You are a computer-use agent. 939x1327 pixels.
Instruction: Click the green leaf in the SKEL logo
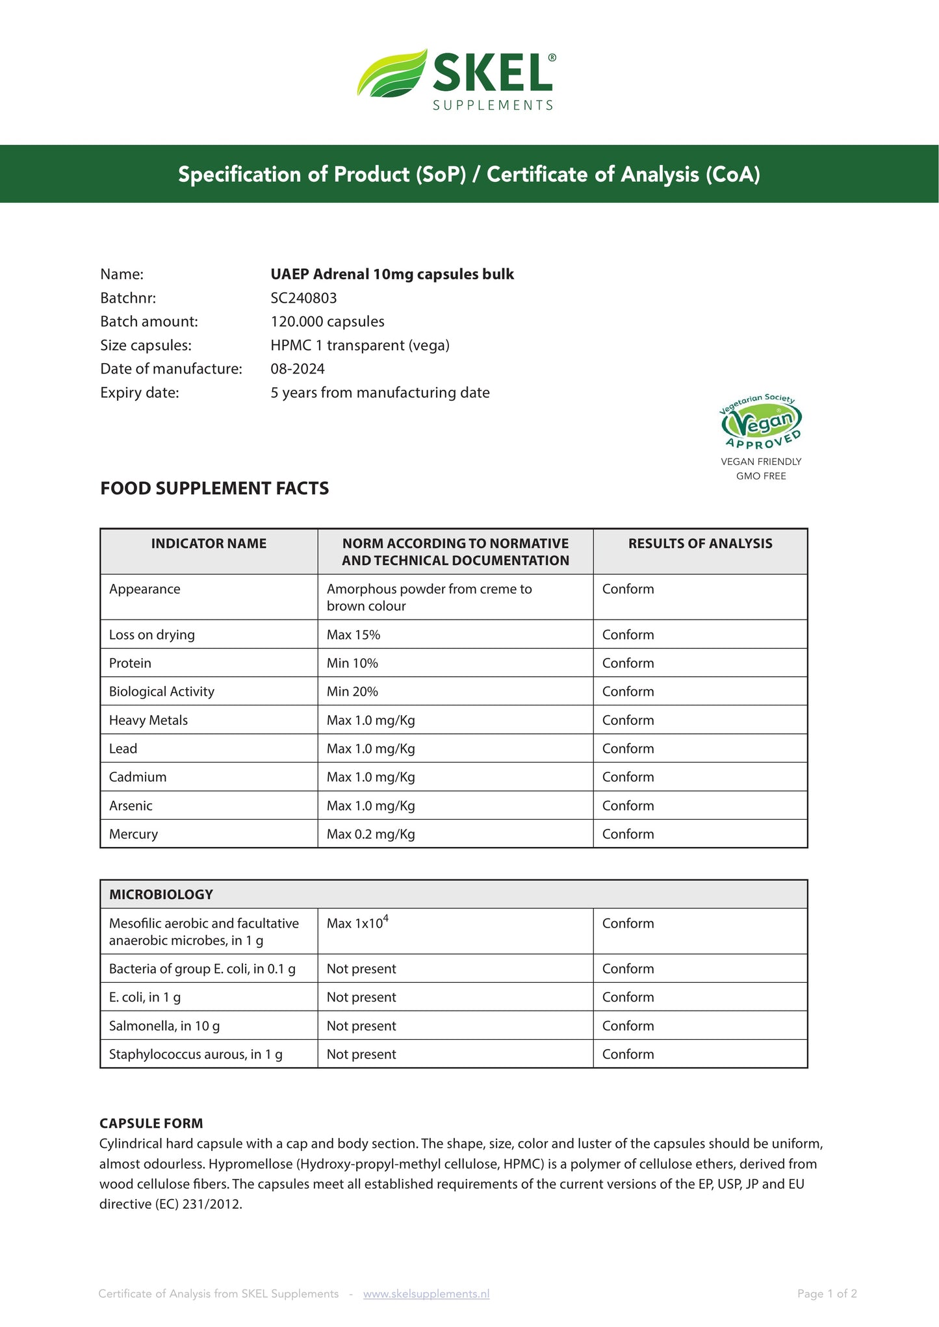click(392, 75)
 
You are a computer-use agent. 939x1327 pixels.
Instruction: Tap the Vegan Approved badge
click(761, 423)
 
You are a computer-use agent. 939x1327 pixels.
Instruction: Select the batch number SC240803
click(303, 298)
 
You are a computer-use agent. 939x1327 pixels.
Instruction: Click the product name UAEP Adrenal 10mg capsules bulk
click(392, 274)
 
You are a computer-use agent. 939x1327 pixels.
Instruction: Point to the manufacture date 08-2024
click(298, 369)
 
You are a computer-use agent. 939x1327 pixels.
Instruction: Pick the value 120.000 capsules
click(328, 322)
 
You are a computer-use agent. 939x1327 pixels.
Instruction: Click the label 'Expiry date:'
click(140, 392)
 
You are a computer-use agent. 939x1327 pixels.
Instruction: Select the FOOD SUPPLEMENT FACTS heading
click(214, 488)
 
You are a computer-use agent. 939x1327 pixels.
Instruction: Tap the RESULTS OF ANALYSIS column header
click(700, 544)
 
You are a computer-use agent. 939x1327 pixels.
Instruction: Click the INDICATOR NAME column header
click(209, 544)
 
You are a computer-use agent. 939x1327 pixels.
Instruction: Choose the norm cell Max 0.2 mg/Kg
click(370, 834)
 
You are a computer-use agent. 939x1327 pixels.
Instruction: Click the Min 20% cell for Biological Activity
click(352, 692)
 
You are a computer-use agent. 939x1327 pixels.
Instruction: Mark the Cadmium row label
click(138, 777)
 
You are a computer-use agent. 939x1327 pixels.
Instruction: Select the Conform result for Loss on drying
click(628, 635)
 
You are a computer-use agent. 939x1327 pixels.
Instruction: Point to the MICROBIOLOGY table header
click(161, 894)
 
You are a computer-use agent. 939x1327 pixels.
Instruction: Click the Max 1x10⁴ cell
click(357, 923)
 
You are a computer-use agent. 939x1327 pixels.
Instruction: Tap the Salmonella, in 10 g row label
click(164, 1026)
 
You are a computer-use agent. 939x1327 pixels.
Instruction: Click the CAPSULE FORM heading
click(151, 1123)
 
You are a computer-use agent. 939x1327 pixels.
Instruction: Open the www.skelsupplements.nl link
click(426, 1293)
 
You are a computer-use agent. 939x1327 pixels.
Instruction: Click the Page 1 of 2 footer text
click(827, 1293)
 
